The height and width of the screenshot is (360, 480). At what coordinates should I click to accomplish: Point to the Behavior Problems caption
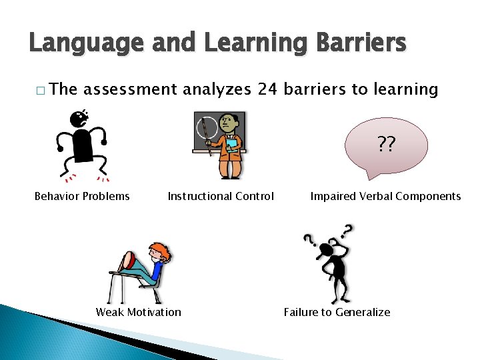[82, 196]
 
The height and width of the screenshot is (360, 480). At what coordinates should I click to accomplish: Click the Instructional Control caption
[221, 196]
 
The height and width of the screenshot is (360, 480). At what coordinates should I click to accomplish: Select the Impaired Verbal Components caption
[385, 196]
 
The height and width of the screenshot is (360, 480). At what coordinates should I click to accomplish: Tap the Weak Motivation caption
[138, 312]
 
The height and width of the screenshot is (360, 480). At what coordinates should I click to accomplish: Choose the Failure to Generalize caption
[337, 312]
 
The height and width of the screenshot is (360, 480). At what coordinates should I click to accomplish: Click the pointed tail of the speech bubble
[369, 175]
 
